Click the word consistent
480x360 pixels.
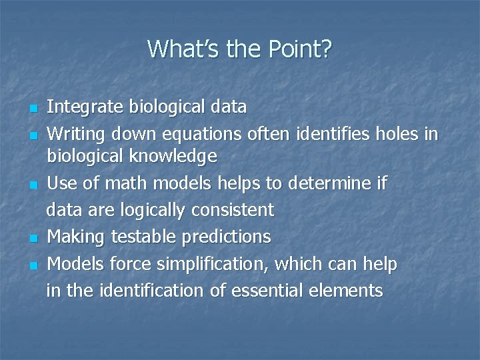tap(232, 211)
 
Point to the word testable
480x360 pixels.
tap(135, 237)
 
